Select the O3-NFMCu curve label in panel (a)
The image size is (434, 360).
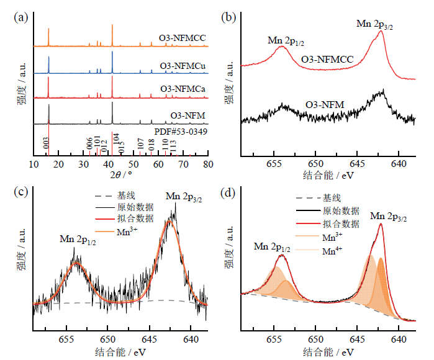[183, 66]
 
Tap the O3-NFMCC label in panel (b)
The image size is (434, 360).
[327, 59]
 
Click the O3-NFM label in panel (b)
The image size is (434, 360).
[325, 104]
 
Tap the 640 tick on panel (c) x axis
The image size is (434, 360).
[191, 339]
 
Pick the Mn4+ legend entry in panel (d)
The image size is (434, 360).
[333, 251]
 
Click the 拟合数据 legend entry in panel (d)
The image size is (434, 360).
[341, 224]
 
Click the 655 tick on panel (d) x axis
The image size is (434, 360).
[274, 339]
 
